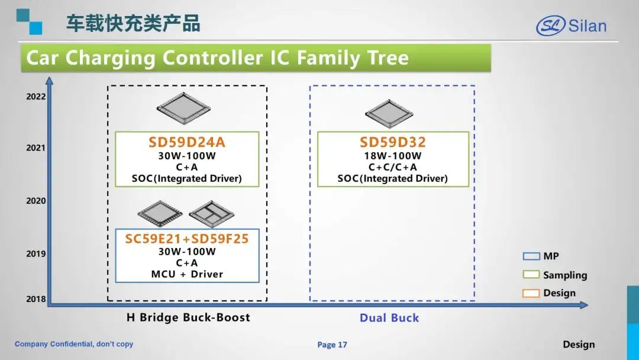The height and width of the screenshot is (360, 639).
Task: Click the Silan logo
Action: point(571,25)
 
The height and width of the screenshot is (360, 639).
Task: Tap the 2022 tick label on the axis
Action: point(36,97)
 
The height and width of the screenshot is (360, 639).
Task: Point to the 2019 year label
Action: point(36,253)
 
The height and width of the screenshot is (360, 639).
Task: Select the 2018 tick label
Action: point(36,299)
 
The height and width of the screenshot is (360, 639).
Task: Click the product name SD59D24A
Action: point(186,142)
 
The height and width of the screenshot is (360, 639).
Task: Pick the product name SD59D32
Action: point(392,142)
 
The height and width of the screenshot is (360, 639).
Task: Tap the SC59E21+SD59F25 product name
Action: point(186,239)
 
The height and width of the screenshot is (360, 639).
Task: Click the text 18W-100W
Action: point(392,156)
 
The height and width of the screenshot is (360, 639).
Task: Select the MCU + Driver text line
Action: point(187,274)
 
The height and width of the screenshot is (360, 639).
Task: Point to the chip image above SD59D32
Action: point(389,113)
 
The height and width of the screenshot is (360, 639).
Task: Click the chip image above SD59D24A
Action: point(183,108)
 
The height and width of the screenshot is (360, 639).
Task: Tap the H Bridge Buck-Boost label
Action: point(188,317)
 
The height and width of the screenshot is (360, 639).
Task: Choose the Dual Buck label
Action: point(389,317)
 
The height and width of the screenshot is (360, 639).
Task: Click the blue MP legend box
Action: point(531,256)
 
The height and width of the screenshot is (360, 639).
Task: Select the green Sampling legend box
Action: point(531,274)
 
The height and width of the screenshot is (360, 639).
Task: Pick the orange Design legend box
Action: point(531,292)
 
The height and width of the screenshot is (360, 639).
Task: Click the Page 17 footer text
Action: point(332,345)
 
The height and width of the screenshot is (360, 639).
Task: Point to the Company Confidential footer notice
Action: point(74,344)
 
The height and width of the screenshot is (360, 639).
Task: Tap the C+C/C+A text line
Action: point(392,167)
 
